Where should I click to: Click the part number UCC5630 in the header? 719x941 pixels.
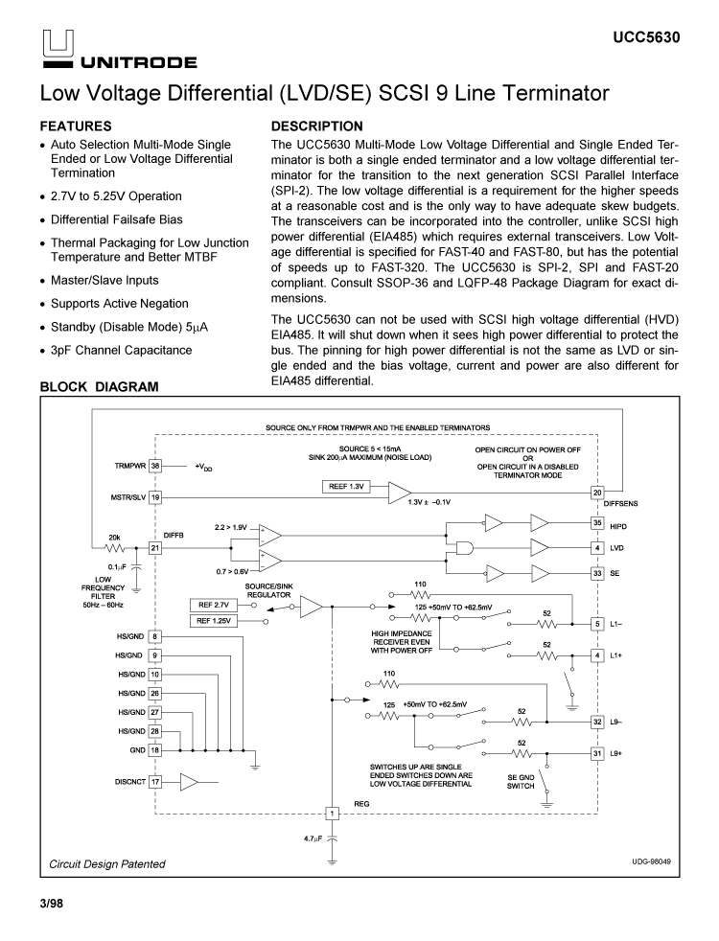pos(647,38)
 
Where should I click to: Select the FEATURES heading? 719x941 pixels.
pos(76,126)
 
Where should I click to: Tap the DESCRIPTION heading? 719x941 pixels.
pos(317,126)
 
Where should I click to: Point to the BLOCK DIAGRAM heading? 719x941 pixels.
pos(99,387)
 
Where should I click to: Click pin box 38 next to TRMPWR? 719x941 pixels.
pos(155,466)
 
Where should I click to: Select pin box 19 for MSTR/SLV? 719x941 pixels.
pos(155,497)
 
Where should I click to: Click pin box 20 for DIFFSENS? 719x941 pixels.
pos(597,493)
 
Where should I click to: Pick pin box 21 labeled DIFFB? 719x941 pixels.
pos(155,547)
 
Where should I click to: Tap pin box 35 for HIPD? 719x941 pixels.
pos(597,524)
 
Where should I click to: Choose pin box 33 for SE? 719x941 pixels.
pos(597,574)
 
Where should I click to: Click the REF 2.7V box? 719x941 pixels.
pos(215,606)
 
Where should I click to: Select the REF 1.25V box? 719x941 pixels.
pos(215,621)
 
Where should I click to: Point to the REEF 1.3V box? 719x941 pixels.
pos(347,488)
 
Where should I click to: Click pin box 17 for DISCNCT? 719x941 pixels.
pos(155,781)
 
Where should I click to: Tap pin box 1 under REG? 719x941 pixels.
pos(333,814)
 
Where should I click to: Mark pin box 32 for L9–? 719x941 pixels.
pos(597,722)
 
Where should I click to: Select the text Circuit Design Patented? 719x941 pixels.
pos(107,863)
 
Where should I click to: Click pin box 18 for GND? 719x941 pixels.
pos(155,748)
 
